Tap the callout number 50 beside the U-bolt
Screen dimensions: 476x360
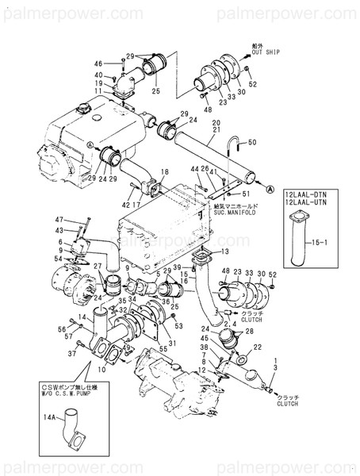point(253,143)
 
